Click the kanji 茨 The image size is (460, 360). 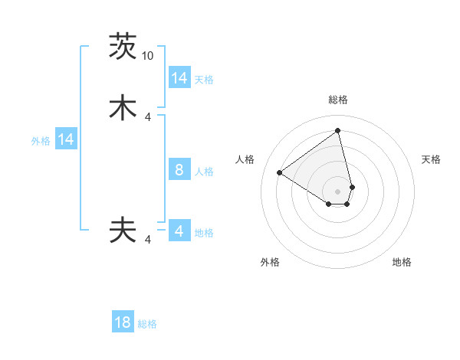(123, 47)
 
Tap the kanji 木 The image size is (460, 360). (123, 108)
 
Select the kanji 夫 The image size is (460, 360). (123, 230)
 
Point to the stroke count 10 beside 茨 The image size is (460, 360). (147, 56)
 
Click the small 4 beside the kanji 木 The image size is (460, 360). (147, 117)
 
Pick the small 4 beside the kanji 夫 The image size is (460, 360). (147, 240)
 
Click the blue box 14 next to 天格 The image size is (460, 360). (179, 78)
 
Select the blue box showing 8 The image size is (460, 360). (179, 170)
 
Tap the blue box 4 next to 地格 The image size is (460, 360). (179, 231)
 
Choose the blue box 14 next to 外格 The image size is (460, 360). (66, 139)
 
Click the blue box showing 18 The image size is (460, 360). (123, 322)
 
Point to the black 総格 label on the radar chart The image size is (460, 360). (338, 100)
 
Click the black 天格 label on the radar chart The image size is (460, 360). (431, 159)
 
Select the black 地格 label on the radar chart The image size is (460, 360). (402, 262)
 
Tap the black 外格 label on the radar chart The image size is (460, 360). (270, 262)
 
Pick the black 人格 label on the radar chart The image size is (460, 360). (245, 159)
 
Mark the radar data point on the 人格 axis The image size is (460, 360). (280, 172)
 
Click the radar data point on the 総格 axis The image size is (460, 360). (338, 130)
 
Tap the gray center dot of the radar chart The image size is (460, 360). (338, 191)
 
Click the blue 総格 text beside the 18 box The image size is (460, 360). (147, 324)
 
